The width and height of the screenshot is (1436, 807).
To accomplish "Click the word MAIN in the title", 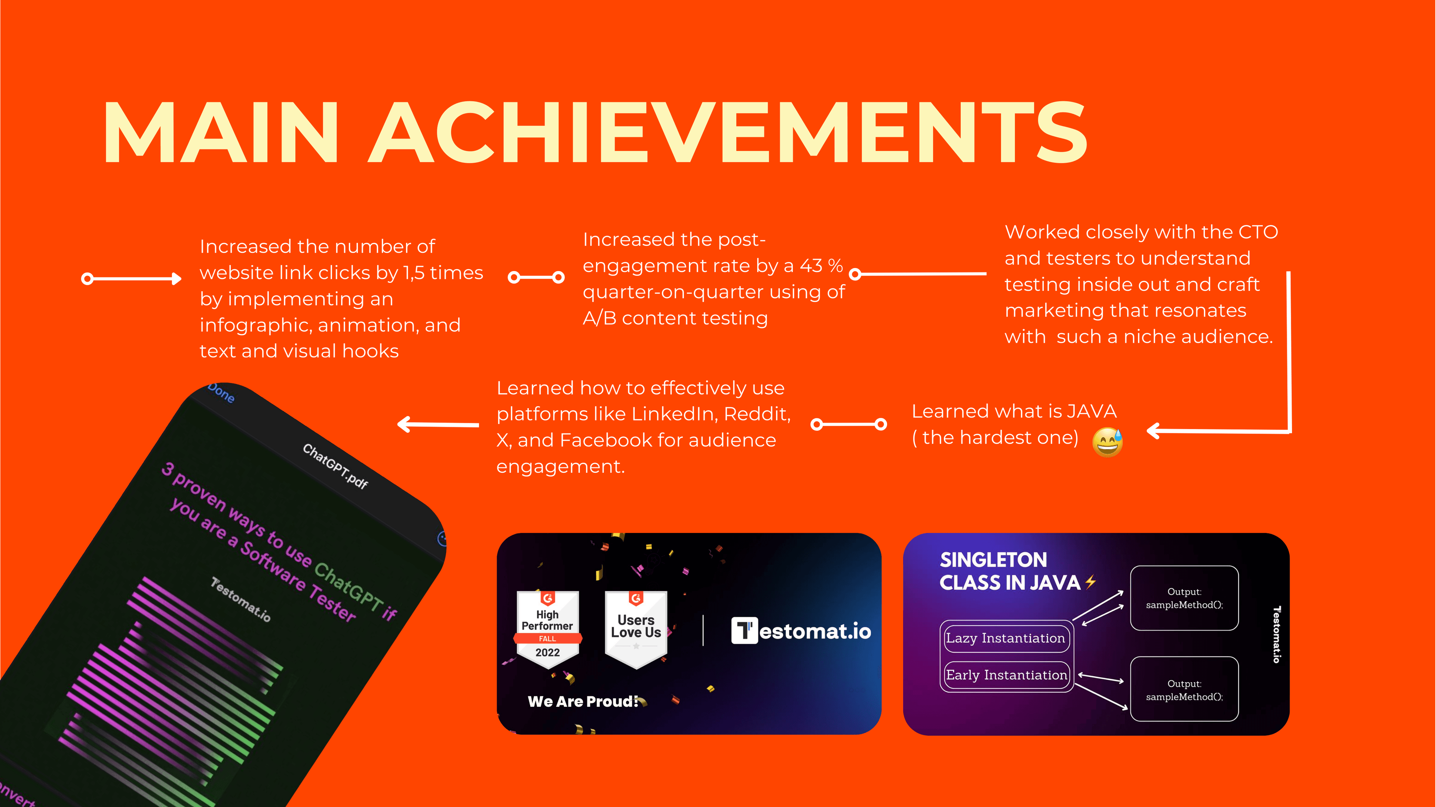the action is pyautogui.click(x=221, y=133).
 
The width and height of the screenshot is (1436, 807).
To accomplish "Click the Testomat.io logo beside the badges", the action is pyautogui.click(x=801, y=631).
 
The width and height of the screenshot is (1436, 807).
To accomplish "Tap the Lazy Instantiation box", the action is pyautogui.click(x=1006, y=638).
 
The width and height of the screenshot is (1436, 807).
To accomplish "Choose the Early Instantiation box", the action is pyautogui.click(x=1006, y=675).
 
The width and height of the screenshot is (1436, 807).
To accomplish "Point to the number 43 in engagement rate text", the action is pyautogui.click(x=811, y=265).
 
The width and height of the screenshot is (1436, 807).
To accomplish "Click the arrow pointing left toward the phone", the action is pyautogui.click(x=438, y=425).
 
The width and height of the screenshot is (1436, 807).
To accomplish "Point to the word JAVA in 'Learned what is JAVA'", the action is pyautogui.click(x=1092, y=411).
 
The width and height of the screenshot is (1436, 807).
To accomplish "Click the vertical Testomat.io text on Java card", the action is pyautogui.click(x=1276, y=634).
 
